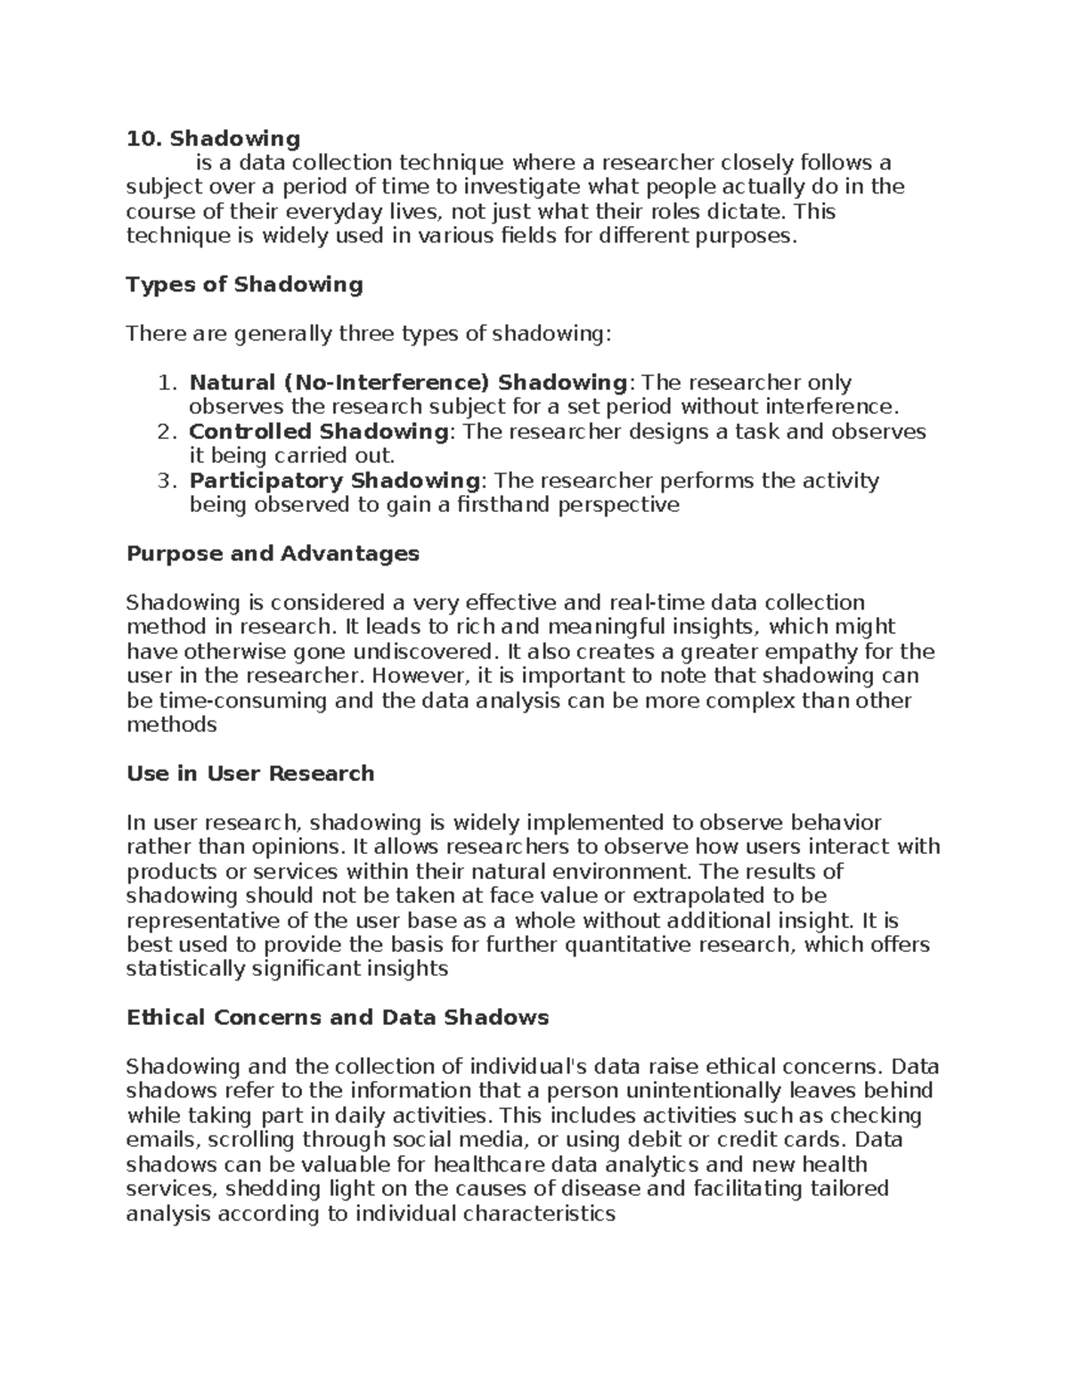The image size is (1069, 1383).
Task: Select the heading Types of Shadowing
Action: [x=244, y=285]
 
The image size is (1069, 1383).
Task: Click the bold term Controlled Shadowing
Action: [x=318, y=432]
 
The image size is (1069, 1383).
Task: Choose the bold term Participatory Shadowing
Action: [x=334, y=481]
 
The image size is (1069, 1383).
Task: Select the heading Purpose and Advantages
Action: [x=273, y=554]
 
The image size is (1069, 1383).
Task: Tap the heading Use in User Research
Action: [x=250, y=774]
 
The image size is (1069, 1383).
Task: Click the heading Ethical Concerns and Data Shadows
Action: [x=338, y=1017]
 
